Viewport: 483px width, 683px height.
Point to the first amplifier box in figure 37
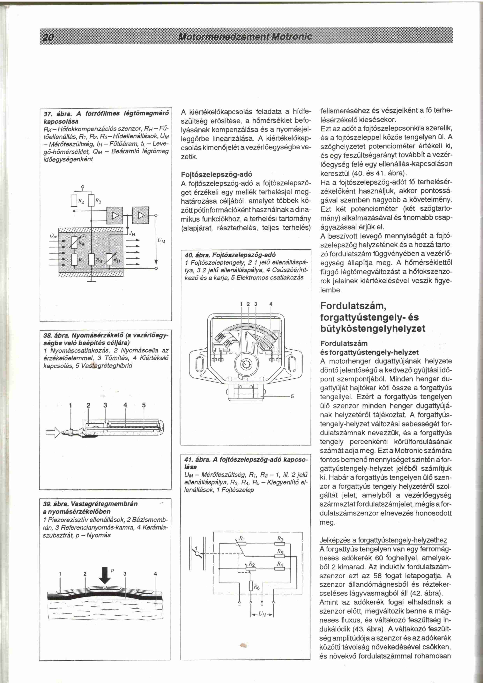tap(115, 215)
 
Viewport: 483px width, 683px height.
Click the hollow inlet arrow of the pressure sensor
tap(53, 434)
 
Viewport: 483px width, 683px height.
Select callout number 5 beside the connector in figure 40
tap(292, 396)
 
